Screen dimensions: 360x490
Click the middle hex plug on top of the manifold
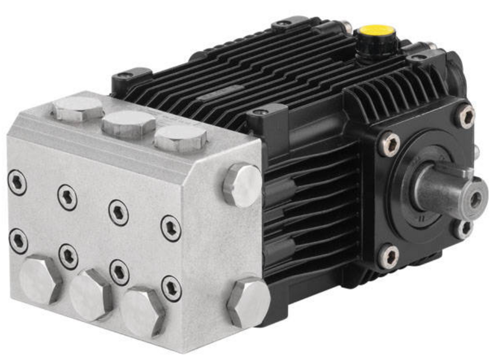[x=129, y=123]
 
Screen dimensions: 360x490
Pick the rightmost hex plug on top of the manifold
[x=180, y=137]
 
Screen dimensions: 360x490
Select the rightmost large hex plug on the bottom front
[x=142, y=311]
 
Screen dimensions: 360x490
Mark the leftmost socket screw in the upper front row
[x=17, y=183]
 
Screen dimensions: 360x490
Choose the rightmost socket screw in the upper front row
[x=171, y=228]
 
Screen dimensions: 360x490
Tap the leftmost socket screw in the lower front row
[x=18, y=241]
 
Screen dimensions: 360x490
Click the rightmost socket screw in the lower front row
[x=171, y=288]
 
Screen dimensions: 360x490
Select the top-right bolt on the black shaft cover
[x=465, y=116]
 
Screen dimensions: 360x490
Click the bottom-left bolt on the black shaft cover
[x=389, y=256]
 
